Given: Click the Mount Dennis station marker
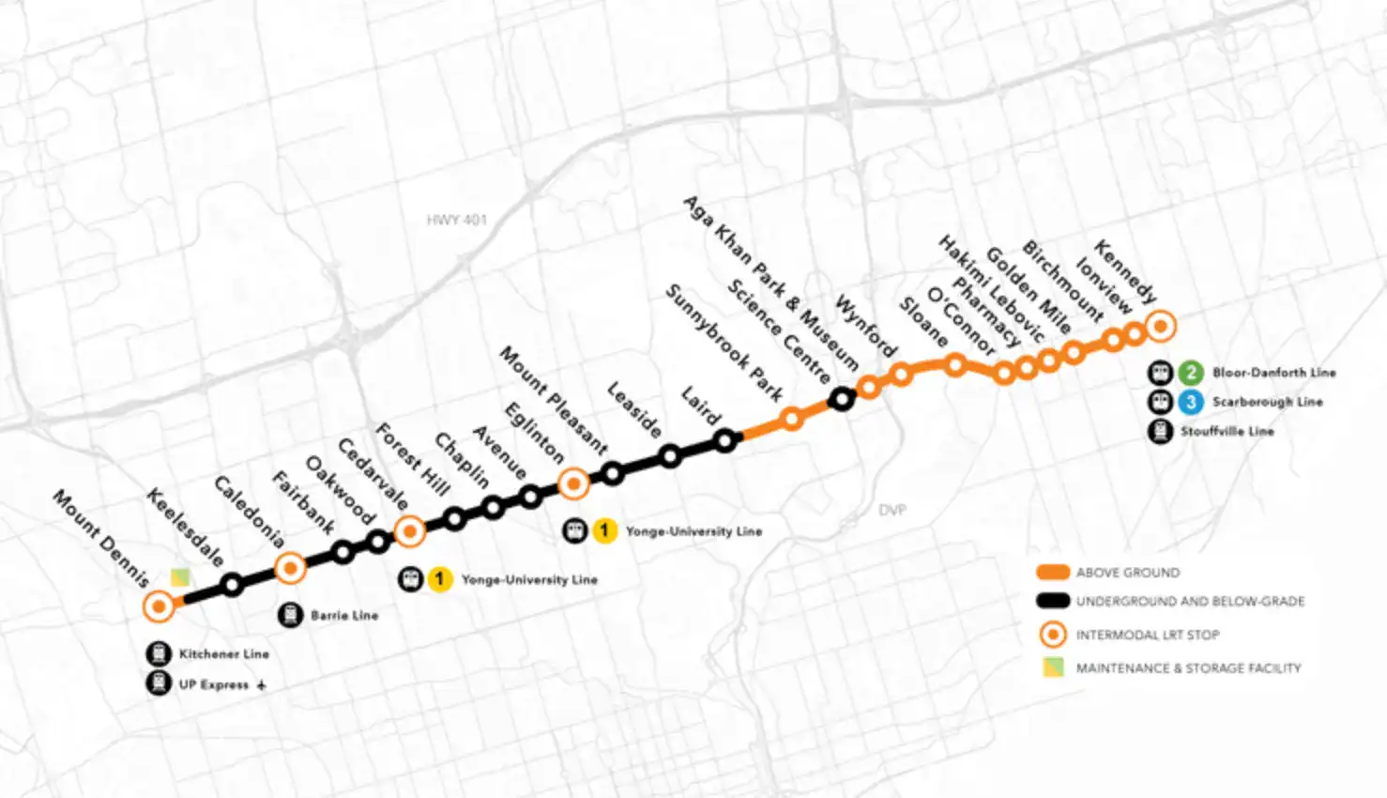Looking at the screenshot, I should click(x=160, y=606).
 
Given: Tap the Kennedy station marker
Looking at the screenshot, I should click(x=1161, y=326).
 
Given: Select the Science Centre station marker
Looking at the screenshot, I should click(x=842, y=399).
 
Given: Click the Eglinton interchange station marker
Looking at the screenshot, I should click(x=573, y=483).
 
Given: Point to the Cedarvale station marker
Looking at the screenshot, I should click(x=409, y=531).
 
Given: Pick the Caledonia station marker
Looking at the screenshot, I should click(x=290, y=568).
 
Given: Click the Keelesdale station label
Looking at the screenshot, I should click(x=185, y=527).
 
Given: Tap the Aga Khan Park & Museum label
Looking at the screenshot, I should click(x=770, y=282).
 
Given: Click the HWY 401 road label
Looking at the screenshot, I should click(x=457, y=220).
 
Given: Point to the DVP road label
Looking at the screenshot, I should click(x=892, y=510).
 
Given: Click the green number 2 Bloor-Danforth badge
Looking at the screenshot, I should click(x=1191, y=373).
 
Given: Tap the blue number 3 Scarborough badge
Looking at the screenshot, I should click(x=1191, y=402).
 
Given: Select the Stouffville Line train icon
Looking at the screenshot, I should click(x=1161, y=432).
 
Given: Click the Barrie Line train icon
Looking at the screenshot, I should click(x=290, y=615).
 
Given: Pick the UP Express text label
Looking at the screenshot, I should click(x=214, y=684).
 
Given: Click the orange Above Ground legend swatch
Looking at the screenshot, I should click(x=1053, y=572).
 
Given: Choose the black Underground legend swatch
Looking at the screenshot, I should click(x=1053, y=601).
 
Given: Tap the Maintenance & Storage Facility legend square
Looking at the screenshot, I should click(x=1053, y=668).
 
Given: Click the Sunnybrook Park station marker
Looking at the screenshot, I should click(x=791, y=418).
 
